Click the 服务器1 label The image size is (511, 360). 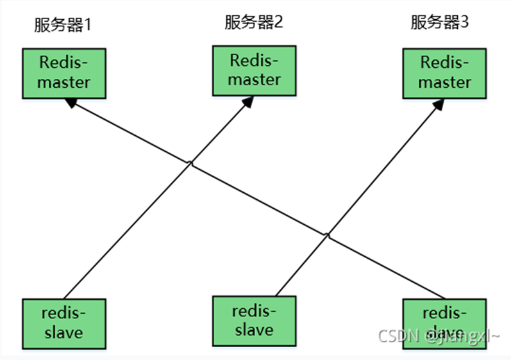tap(63, 26)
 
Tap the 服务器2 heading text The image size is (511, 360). tap(253, 23)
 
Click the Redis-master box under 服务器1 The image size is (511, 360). tap(64, 73)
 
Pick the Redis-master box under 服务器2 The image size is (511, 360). tap(255, 70)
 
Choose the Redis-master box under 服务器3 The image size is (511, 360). tap(445, 72)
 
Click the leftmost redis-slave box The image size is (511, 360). tap(63, 323)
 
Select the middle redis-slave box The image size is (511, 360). tap(254, 320)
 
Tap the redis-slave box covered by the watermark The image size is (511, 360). tap(444, 323)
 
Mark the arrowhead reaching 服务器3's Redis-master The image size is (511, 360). tap(437, 104)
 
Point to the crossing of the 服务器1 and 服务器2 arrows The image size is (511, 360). tap(190, 165)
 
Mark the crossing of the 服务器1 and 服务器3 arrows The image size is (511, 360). tap(328, 236)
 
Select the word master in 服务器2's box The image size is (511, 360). tap(255, 79)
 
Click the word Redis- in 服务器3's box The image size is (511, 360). tap(445, 63)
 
